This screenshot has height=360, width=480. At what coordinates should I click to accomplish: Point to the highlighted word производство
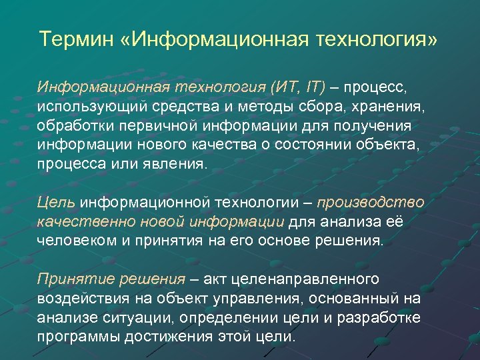click(370, 202)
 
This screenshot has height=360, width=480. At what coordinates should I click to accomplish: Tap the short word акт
click(220, 278)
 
